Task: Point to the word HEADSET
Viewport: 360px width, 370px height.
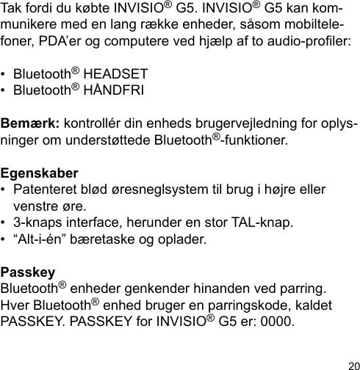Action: pyautogui.click(x=116, y=76)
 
